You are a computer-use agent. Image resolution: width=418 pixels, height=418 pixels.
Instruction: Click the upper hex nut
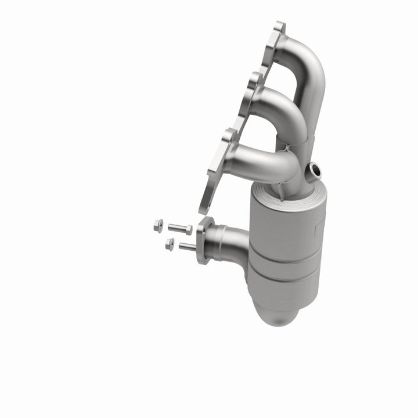(158, 226)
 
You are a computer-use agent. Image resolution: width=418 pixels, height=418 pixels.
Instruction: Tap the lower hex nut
(170, 244)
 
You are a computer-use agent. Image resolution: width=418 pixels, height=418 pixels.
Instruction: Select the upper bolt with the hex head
(181, 229)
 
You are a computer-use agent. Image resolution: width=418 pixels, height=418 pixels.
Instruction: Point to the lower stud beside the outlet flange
(187, 247)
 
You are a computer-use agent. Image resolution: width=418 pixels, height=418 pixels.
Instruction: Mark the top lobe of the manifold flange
(279, 29)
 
